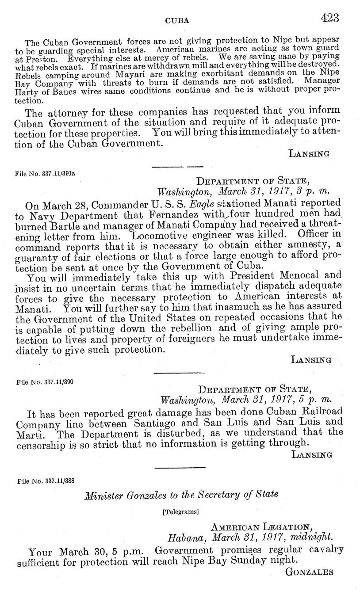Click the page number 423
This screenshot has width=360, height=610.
point(330,18)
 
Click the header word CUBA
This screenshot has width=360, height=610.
point(177,20)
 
